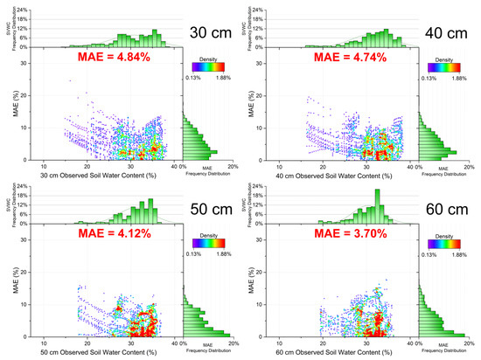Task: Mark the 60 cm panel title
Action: click(448, 209)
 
